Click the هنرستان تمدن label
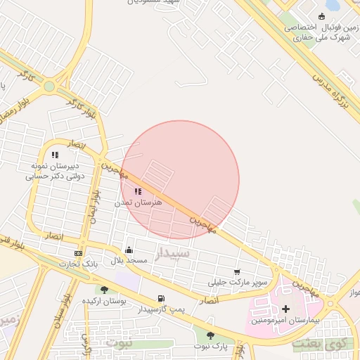139,202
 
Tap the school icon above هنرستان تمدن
138,191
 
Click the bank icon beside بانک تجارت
78,254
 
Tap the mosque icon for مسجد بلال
129,250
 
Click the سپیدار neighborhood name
172,253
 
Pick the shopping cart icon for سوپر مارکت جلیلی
237,272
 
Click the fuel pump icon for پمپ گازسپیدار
162,298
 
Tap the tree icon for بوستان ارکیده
104,290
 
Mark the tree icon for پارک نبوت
210,335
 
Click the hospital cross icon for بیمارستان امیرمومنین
285,309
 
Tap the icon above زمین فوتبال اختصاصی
322,16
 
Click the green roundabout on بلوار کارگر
49,87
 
